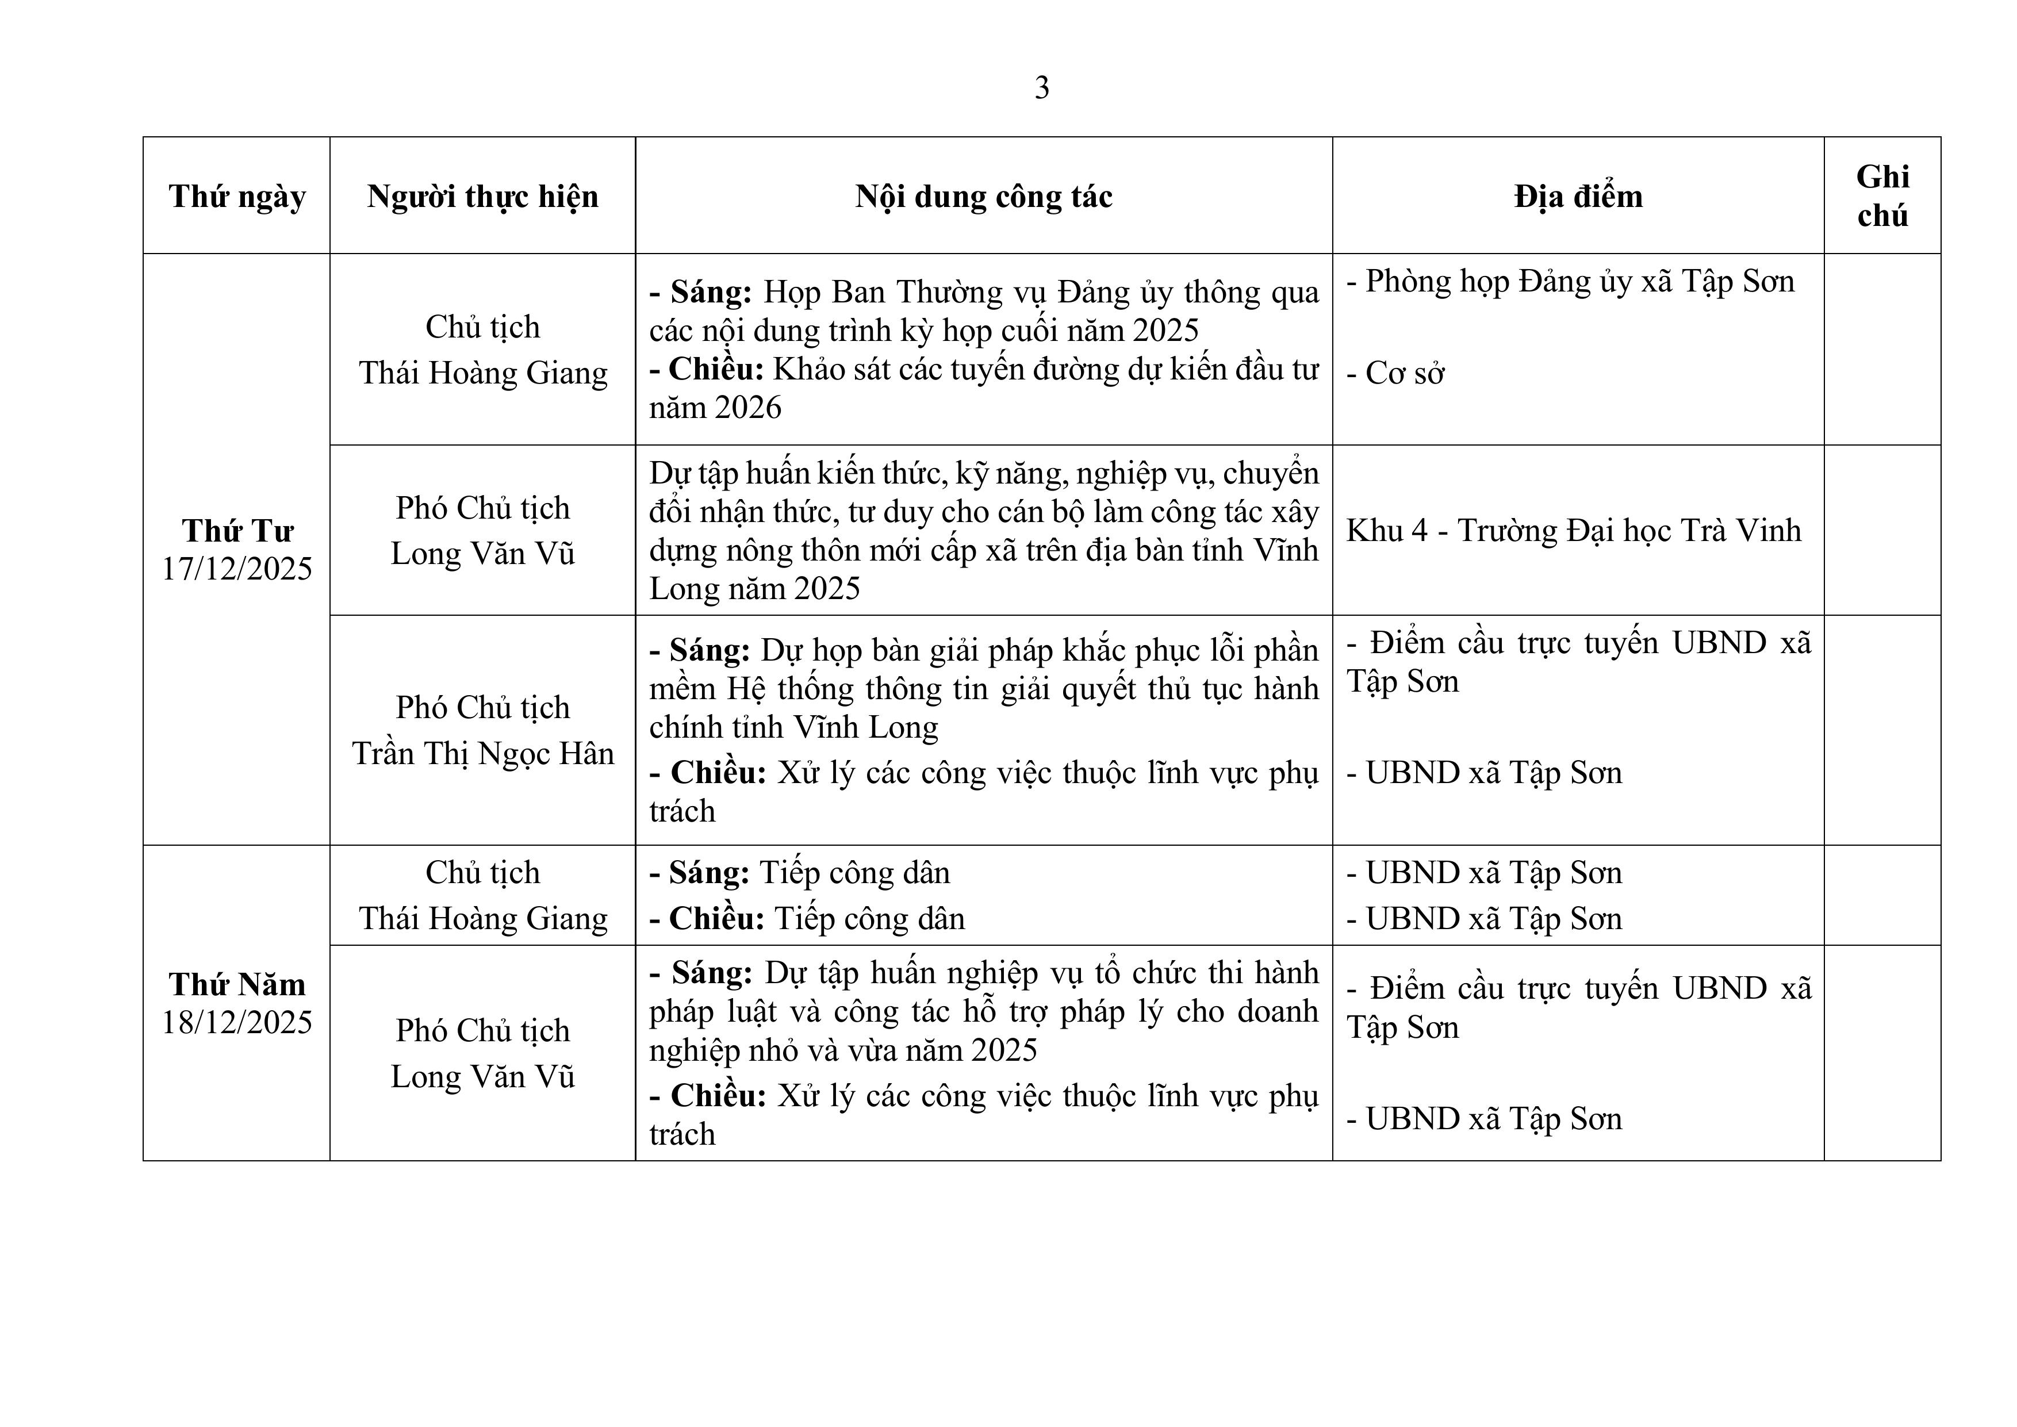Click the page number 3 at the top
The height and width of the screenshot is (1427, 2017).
click(1042, 88)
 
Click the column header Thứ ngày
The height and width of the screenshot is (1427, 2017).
click(237, 196)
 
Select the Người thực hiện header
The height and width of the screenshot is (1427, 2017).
click(482, 196)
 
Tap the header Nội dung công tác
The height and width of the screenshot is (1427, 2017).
click(984, 196)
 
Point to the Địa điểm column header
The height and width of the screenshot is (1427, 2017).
click(1578, 196)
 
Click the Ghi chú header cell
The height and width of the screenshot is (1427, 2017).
click(1882, 196)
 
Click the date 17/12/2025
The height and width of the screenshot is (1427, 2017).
click(237, 569)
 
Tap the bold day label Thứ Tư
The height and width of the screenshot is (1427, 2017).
click(237, 531)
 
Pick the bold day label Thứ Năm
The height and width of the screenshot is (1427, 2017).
click(237, 984)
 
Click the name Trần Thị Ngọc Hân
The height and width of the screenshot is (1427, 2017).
click(482, 754)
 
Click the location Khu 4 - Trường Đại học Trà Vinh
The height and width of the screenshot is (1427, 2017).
click(1573, 531)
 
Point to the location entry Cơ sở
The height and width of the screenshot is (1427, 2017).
click(1405, 374)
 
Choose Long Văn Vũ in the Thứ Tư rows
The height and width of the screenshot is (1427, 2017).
click(482, 554)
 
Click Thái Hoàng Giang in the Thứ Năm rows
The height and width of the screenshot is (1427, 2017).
click(482, 919)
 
